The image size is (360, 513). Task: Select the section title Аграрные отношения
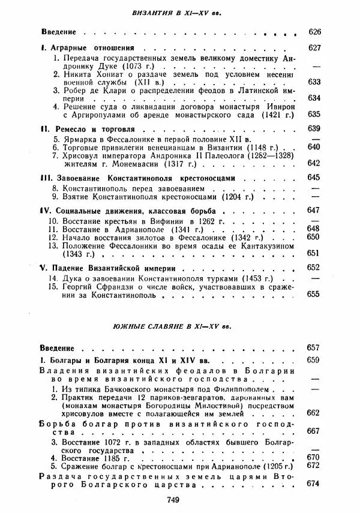tap(90, 48)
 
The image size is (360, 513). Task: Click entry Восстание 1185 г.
tap(97, 457)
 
